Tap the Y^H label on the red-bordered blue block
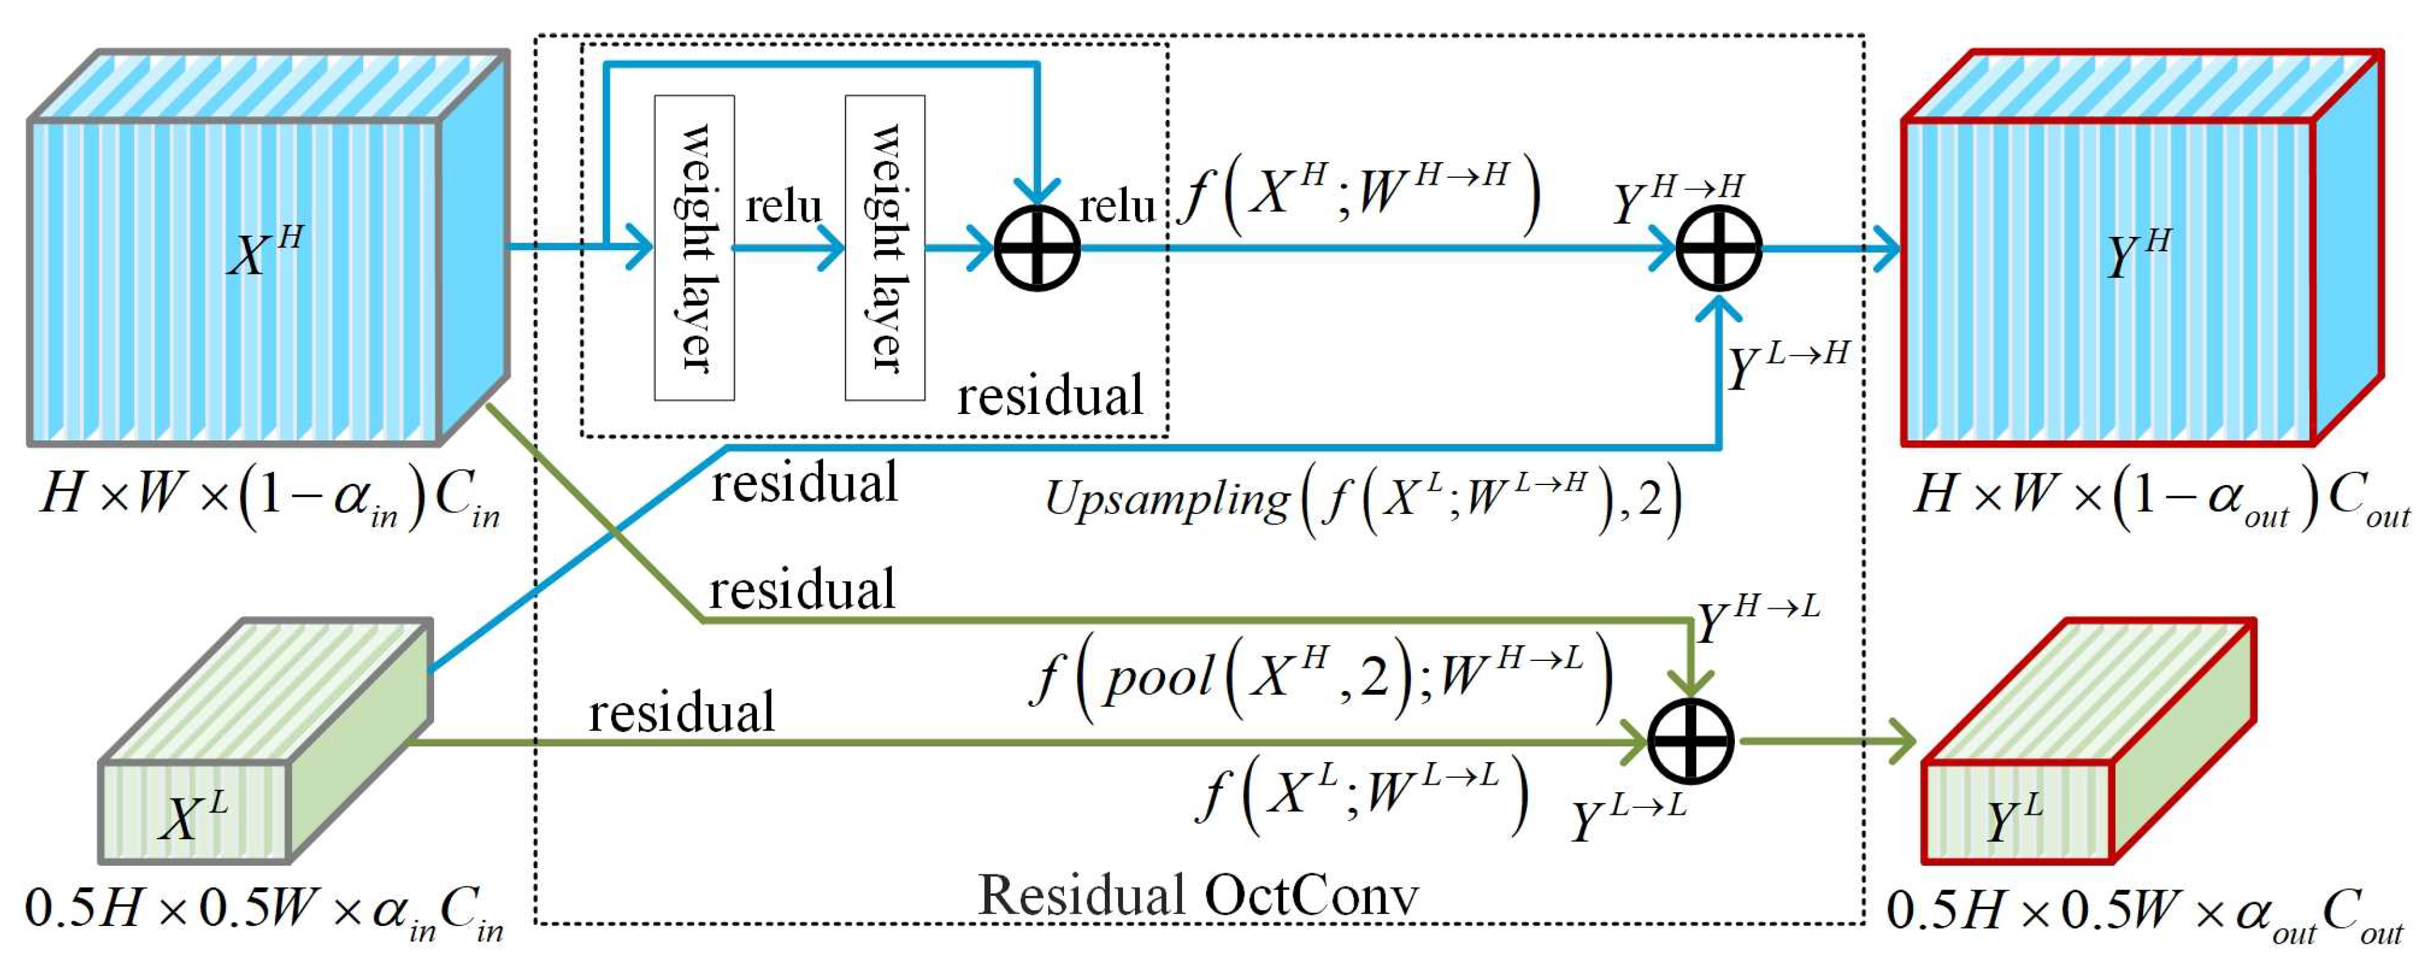pyautogui.click(x=2138, y=253)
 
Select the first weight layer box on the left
pyautogui.click(x=695, y=248)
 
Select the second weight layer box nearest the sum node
pyautogui.click(x=884, y=248)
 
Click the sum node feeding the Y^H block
pyautogui.click(x=1719, y=249)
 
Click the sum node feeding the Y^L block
pyautogui.click(x=1690, y=741)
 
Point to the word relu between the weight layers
pyautogui.click(x=783, y=206)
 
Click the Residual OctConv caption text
pyautogui.click(x=1197, y=895)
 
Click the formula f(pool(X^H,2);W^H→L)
pyautogui.click(x=1321, y=677)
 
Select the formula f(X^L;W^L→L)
pyautogui.click(x=1361, y=792)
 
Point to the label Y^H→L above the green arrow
pyautogui.click(x=1758, y=620)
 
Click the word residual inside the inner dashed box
pyautogui.click(x=1050, y=395)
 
